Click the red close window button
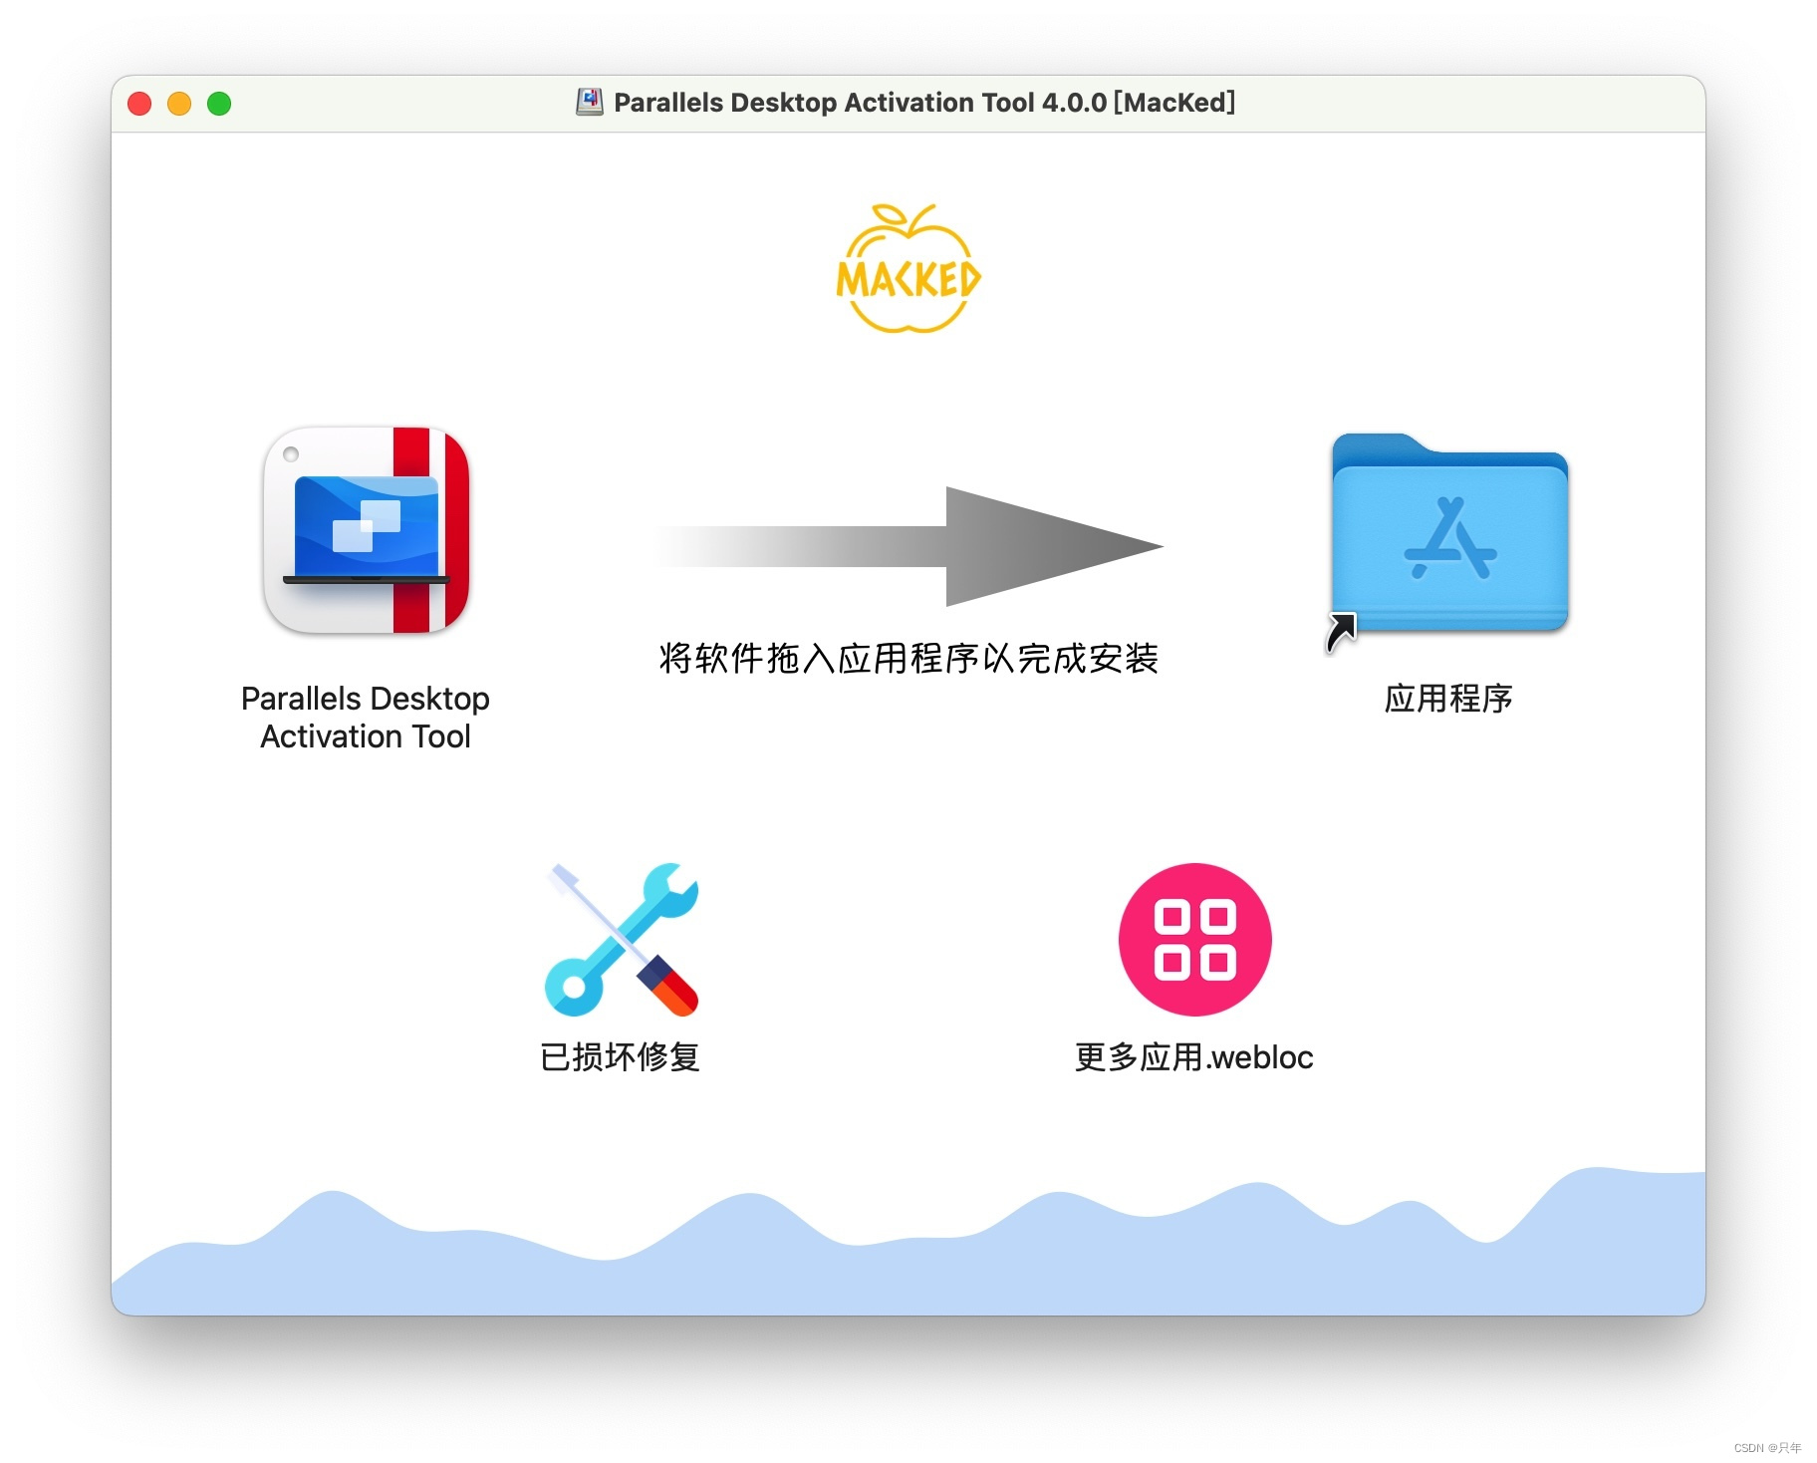[x=139, y=104]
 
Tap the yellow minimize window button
[x=179, y=104]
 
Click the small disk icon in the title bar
[x=590, y=102]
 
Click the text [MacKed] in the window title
[x=1174, y=103]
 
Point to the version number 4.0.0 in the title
[x=1074, y=103]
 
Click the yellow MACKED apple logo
[x=908, y=269]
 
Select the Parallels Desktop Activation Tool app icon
[x=366, y=530]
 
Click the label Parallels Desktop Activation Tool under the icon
[x=366, y=718]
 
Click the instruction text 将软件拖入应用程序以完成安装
[x=908, y=659]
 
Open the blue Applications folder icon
[x=1449, y=532]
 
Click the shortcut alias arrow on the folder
[x=1341, y=632]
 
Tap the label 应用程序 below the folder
[x=1448, y=699]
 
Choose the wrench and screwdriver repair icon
[x=622, y=939]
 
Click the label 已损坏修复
[x=620, y=1057]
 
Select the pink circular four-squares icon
[x=1194, y=939]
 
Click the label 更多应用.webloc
[x=1193, y=1057]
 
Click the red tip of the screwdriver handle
[x=681, y=995]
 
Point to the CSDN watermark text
[x=1767, y=1448]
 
